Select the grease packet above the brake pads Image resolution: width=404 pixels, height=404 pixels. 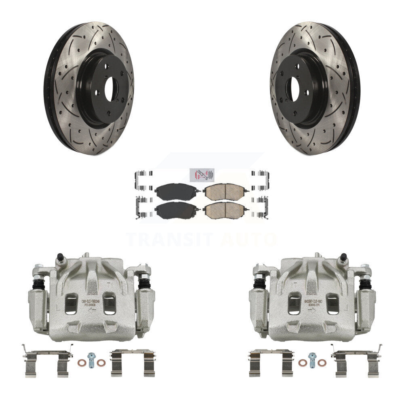[204, 174]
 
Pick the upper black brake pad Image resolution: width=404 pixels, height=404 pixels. [176, 191]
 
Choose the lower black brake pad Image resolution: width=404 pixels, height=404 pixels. [176, 210]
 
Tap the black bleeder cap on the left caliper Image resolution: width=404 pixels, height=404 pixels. [60, 257]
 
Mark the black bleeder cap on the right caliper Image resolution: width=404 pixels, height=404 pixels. [343, 257]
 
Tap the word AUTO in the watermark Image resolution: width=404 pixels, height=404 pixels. [248, 239]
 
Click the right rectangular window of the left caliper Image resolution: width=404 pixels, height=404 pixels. [109, 303]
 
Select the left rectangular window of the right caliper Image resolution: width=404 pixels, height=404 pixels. [294, 303]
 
